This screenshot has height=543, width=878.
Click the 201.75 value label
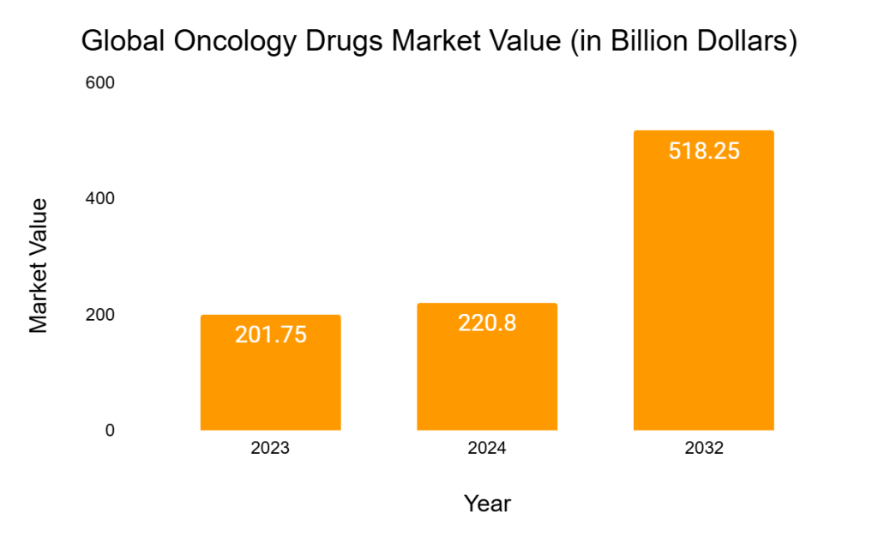[270, 335]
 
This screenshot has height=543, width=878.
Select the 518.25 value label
[703, 151]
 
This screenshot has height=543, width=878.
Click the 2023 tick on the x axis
[270, 449]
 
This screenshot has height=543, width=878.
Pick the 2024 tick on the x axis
[487, 449]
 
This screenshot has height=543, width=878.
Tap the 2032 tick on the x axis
[703, 449]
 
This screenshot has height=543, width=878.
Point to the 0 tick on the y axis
[110, 430]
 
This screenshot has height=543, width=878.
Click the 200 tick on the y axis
[100, 315]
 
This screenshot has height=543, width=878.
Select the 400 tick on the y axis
[100, 198]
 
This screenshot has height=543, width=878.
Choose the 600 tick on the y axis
[100, 83]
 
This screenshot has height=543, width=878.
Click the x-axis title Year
[487, 504]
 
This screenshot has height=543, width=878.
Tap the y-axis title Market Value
[39, 265]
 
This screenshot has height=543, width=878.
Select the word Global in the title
[121, 41]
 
